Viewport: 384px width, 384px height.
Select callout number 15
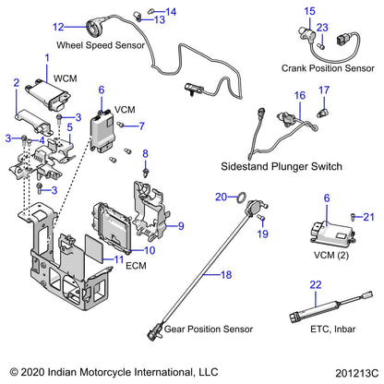point(310,11)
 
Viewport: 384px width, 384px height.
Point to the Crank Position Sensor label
point(322,67)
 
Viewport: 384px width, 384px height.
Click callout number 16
point(299,96)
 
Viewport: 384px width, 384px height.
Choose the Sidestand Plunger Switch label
point(282,166)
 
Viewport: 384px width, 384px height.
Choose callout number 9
point(181,225)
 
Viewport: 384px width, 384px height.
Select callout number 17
point(323,90)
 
